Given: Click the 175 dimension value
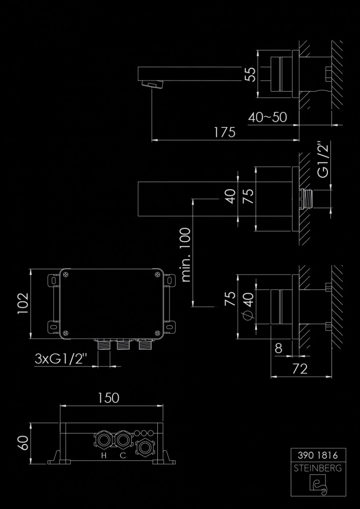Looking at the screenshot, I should [225, 132].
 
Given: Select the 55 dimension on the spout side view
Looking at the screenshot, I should [250, 74].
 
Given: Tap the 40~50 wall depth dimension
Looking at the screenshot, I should [268, 117].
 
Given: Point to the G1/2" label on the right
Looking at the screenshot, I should [322, 159].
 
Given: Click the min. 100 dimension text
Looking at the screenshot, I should [185, 254].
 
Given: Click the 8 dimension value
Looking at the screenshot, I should [278, 349].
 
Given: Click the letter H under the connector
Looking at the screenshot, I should [103, 456].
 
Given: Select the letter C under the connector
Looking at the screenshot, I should [123, 456].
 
